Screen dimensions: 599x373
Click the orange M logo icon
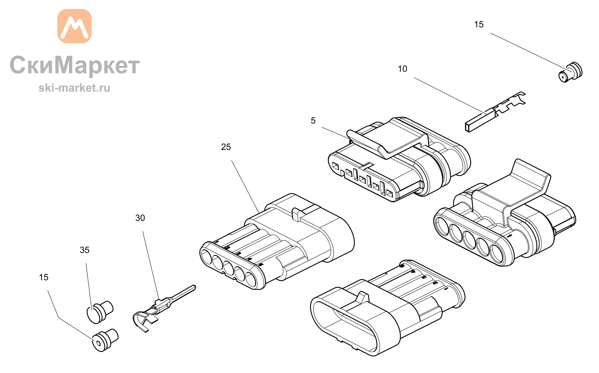pyautogui.click(x=74, y=26)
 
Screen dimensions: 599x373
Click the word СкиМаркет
pyautogui.click(x=75, y=66)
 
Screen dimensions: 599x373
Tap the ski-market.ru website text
pyautogui.click(x=74, y=88)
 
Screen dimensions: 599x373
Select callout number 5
pyautogui.click(x=313, y=121)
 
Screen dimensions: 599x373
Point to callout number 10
pyautogui.click(x=402, y=69)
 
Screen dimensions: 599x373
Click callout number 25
pyautogui.click(x=226, y=147)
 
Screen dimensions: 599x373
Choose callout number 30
pyautogui.click(x=140, y=218)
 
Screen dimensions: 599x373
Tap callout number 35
pyautogui.click(x=84, y=250)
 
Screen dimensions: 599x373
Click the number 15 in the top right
pyautogui.click(x=479, y=25)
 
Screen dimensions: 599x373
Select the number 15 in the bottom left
pyautogui.click(x=43, y=277)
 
